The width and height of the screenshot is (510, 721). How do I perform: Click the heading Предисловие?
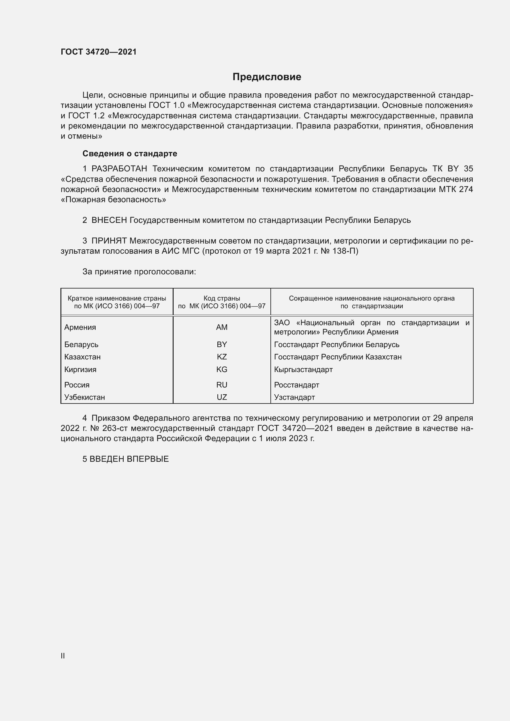tap(267, 77)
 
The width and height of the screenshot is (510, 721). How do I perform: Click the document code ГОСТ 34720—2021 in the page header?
tap(99, 52)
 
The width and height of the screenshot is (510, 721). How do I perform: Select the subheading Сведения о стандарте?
tap(130, 154)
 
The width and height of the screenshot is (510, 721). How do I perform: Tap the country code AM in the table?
tap(222, 327)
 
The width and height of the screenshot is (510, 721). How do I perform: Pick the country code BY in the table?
tap(222, 345)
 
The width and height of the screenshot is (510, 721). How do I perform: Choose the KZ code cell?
tap(222, 357)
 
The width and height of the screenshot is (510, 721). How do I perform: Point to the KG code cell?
tap(222, 369)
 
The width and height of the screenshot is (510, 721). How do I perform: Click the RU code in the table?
tap(222, 385)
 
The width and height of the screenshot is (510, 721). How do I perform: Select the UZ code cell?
tap(222, 397)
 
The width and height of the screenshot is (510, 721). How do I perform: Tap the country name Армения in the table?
tap(80, 327)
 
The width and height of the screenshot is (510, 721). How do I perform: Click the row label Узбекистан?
tap(84, 397)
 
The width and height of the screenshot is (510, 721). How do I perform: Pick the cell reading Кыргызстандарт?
tap(303, 369)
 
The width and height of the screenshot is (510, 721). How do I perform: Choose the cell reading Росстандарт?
tap(296, 385)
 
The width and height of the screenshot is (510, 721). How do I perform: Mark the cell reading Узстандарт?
tap(294, 397)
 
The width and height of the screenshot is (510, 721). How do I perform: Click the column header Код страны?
tap(222, 298)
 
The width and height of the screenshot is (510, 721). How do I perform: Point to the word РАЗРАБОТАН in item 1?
tap(119, 169)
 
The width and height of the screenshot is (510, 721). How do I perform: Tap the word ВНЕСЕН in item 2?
tap(109, 220)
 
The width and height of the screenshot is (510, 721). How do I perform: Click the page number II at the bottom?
tap(63, 656)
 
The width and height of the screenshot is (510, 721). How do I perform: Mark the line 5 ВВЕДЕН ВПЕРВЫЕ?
tap(125, 459)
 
